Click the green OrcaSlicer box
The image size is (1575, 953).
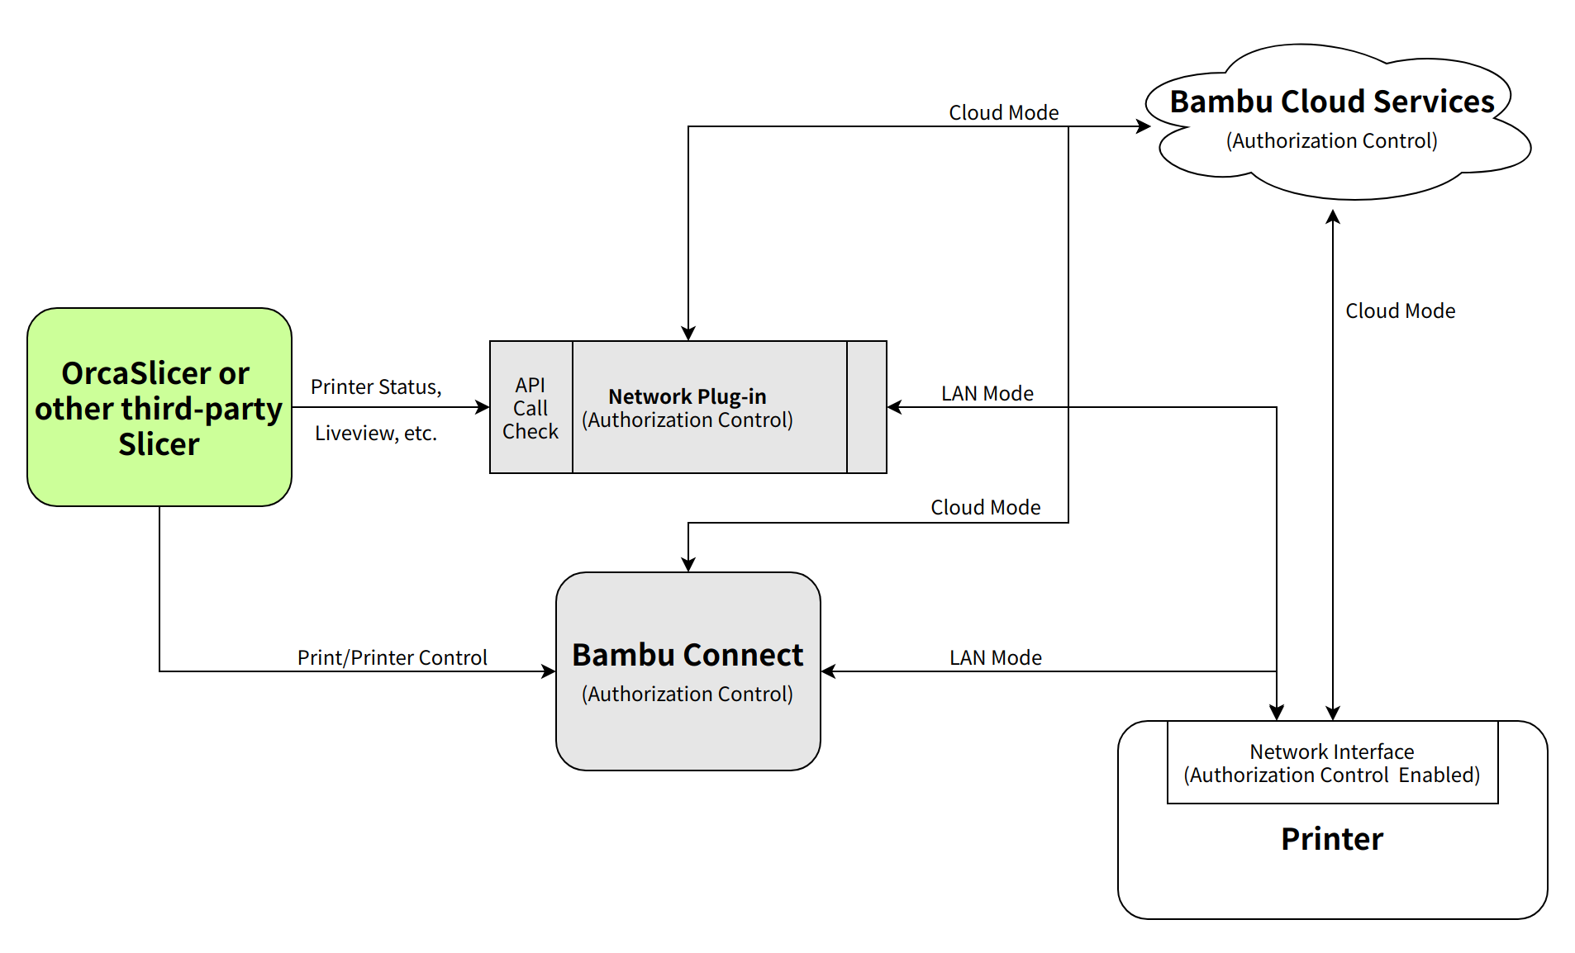[x=159, y=406]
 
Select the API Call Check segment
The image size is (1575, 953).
[x=531, y=407]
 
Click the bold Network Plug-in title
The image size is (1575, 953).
[x=687, y=396]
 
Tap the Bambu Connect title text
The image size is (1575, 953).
[x=687, y=655]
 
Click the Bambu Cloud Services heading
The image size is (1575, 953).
[x=1331, y=102]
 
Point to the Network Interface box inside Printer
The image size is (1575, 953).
[x=1331, y=762]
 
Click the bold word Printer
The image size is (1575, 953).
[x=1331, y=839]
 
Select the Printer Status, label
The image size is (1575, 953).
[x=376, y=386]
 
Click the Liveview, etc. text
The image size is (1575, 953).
[x=376, y=433]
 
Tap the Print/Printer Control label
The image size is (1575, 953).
[x=392, y=657]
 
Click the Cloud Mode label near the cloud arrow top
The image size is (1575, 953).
[x=1003, y=112]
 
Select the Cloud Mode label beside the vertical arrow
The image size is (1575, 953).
[x=1400, y=311]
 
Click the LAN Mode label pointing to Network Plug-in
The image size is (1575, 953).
[x=987, y=393]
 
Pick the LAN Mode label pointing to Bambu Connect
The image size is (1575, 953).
[x=995, y=657]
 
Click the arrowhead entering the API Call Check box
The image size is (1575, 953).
[x=483, y=406]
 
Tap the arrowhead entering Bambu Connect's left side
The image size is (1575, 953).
[x=549, y=671]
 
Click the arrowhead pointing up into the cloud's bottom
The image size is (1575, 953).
[x=1332, y=217]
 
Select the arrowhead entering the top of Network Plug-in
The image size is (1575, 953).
[x=688, y=333]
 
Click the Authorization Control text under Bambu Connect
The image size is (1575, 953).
[x=687, y=694]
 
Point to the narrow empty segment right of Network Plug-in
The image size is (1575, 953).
[x=866, y=407]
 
